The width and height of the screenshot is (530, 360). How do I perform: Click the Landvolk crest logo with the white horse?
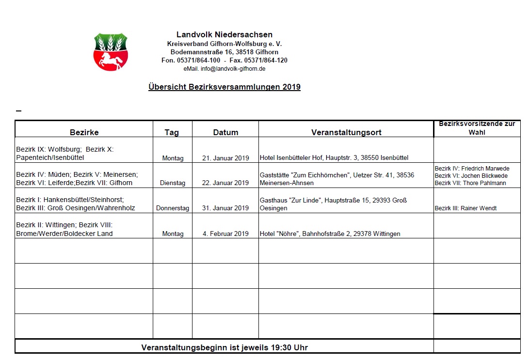coord(111,52)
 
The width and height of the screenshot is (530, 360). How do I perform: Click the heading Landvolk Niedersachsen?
coord(224,35)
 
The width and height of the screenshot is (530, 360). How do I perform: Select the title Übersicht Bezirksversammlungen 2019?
coord(224,87)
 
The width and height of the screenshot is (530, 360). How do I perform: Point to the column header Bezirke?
coord(84,132)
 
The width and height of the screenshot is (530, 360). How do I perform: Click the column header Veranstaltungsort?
coord(346,132)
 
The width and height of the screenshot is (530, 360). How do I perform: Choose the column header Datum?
coord(225,132)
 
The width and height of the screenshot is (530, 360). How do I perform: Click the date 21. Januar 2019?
coord(225,158)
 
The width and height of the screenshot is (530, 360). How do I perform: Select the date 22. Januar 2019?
coord(225,183)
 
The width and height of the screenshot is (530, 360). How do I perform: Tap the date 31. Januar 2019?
coord(225,208)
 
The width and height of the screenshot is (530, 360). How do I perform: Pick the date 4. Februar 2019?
coord(225,234)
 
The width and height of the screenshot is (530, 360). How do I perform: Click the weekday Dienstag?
coord(173,183)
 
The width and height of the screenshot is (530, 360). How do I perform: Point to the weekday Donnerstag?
coord(173,208)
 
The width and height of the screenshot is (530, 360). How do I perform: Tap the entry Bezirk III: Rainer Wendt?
coord(466,208)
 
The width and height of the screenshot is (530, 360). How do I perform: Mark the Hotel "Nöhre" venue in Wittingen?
coord(330,234)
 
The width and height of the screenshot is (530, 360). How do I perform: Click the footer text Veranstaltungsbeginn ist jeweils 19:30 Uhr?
coord(224,347)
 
